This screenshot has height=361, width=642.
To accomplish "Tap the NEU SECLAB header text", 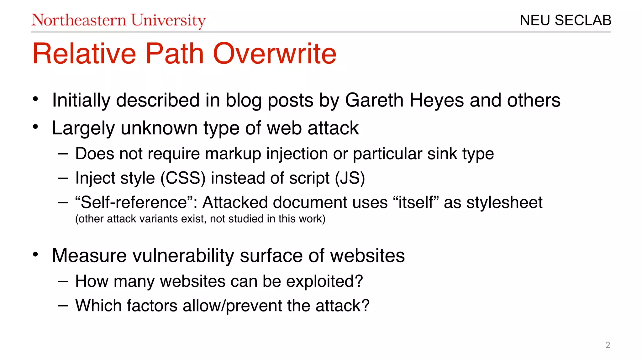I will click(x=565, y=20).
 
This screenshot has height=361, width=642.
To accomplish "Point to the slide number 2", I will click(x=608, y=345).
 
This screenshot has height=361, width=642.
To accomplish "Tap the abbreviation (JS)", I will click(x=350, y=178).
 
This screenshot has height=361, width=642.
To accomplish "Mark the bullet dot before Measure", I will click(x=35, y=254).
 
